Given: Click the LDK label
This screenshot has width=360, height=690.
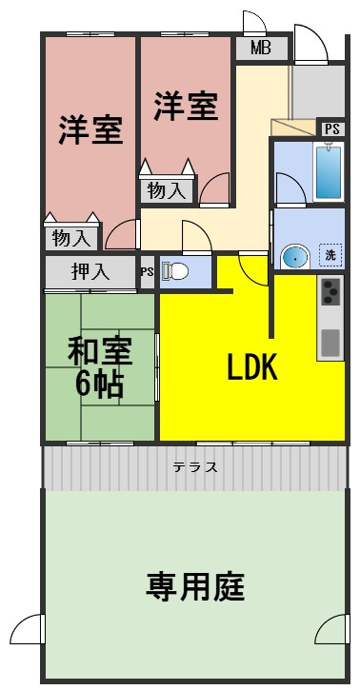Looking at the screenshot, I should point(251,368).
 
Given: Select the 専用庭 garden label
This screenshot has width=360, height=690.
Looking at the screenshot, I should point(195,587).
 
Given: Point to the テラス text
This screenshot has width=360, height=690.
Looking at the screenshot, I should point(195,467).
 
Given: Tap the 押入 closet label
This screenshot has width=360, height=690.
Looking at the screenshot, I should point(90,271).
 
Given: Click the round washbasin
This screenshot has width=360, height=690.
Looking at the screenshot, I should point(294,256).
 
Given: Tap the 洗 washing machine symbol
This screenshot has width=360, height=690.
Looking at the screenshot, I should point(330,254).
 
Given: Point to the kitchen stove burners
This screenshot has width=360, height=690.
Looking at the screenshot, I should point(330,291).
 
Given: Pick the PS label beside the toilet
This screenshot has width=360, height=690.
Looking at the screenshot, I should point(147,271).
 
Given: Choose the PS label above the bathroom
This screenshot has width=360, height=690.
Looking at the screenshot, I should point(330,128).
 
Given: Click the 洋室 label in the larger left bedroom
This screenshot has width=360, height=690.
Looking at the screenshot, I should point(91,130).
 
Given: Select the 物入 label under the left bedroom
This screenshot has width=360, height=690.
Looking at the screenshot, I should point(71,237).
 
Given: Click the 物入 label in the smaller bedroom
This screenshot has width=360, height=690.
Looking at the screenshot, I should point(167,190).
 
